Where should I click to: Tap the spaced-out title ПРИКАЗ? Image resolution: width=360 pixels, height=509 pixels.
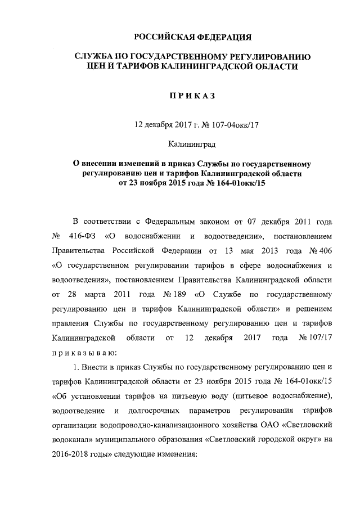pos(192,97)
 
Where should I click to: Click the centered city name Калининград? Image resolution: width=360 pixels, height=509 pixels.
pos(192,145)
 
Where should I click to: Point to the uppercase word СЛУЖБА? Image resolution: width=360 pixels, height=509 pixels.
pos(97,57)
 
